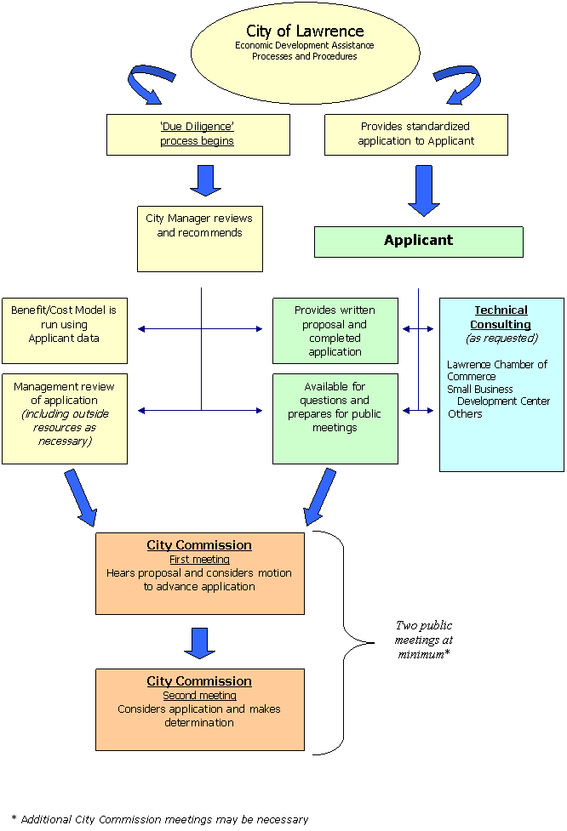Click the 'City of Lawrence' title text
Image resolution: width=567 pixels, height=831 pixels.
click(305, 31)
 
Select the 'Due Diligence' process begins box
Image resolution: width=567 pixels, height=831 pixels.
click(198, 134)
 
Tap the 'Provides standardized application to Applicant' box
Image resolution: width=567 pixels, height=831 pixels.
click(415, 134)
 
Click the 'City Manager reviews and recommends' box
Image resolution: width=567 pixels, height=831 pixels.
click(199, 238)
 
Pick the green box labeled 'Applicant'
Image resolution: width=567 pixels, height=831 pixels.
click(418, 241)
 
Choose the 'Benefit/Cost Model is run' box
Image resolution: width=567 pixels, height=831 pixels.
click(64, 330)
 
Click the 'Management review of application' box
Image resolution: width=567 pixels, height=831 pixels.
click(64, 418)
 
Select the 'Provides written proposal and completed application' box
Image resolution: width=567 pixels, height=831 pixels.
click(335, 330)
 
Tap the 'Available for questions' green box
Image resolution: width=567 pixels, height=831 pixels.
click(335, 418)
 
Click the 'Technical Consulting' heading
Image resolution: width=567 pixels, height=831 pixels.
click(501, 317)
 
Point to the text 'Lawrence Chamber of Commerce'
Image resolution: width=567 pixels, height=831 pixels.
click(496, 370)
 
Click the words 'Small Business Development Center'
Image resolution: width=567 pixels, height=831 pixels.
click(499, 396)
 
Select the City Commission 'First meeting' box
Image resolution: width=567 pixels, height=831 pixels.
click(199, 572)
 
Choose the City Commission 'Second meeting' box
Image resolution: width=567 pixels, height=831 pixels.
click(199, 709)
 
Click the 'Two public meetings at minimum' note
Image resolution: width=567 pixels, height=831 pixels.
click(423, 640)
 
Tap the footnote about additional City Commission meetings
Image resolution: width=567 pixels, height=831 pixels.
click(261, 819)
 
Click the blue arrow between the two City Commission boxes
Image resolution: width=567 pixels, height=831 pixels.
click(199, 642)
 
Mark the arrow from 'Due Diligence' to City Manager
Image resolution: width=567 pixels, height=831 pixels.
click(205, 179)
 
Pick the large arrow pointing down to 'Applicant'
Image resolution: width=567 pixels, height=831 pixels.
click(424, 191)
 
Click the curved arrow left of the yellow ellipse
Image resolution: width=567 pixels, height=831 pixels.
click(148, 83)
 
